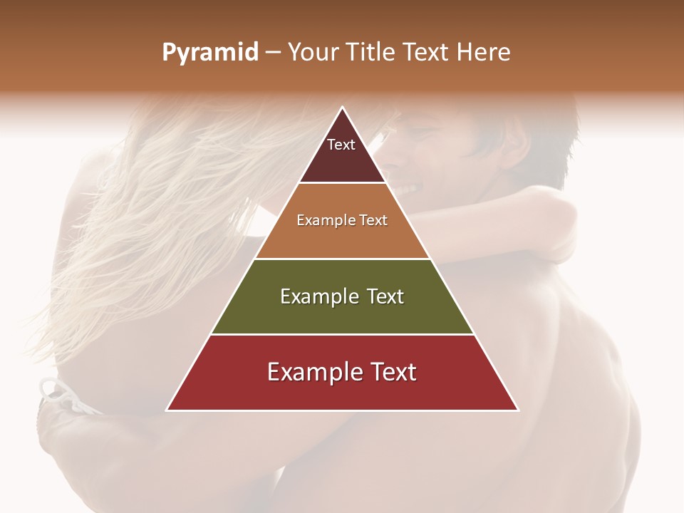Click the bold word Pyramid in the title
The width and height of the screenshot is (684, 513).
pyautogui.click(x=209, y=53)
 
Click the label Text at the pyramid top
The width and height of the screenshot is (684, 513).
pyautogui.click(x=341, y=145)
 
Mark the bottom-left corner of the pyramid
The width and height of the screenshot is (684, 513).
pyautogui.click(x=167, y=410)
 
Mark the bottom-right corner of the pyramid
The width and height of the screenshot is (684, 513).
pyautogui.click(x=517, y=410)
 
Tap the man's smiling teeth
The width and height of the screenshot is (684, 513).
pyautogui.click(x=408, y=190)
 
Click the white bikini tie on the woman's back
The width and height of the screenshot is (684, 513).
pyautogui.click(x=61, y=399)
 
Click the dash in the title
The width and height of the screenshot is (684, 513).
pyautogui.click(x=273, y=53)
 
